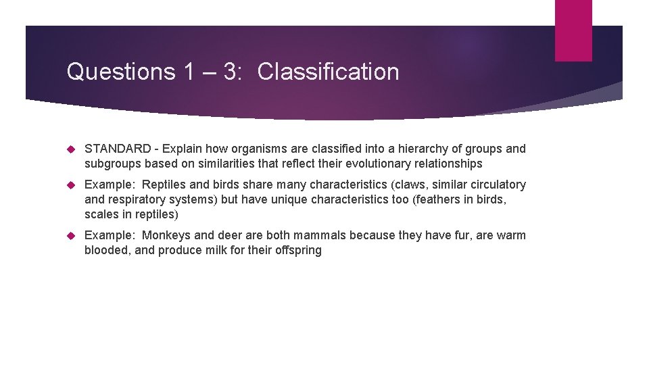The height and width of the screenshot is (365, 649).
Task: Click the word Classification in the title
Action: [x=328, y=72]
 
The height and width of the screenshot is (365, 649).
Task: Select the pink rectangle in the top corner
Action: [x=573, y=30]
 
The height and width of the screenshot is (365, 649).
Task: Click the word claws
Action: [x=418, y=185]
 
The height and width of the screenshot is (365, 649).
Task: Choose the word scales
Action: [x=100, y=214]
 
